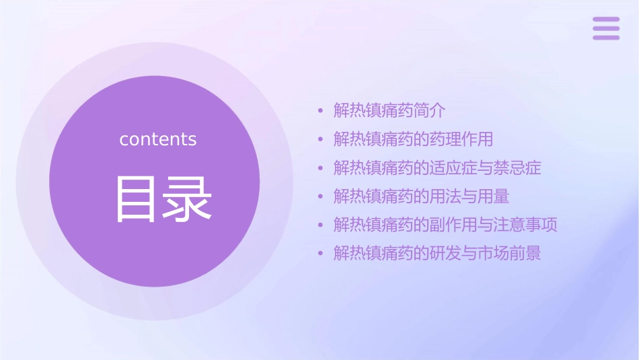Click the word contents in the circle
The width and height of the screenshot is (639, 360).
pyautogui.click(x=158, y=139)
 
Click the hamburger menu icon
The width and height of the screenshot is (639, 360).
pyautogui.click(x=605, y=28)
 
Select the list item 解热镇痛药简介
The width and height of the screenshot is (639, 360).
pyautogui.click(x=389, y=110)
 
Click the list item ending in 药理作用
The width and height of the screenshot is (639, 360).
pyautogui.click(x=413, y=139)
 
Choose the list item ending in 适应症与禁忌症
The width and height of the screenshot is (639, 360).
pyautogui.click(x=437, y=168)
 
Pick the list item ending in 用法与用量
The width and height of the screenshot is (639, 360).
pyautogui.click(x=421, y=196)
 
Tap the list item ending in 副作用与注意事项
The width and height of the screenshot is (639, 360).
pyautogui.click(x=445, y=225)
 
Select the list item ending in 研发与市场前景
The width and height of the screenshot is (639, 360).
pyautogui.click(x=437, y=254)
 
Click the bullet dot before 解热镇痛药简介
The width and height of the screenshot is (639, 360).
pyautogui.click(x=321, y=110)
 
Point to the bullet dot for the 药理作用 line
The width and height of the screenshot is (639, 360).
pyautogui.click(x=321, y=139)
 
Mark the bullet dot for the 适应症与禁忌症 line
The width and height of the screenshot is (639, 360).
pyautogui.click(x=321, y=168)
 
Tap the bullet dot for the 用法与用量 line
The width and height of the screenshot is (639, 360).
pyautogui.click(x=321, y=196)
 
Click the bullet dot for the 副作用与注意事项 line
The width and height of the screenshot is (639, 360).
pyautogui.click(x=321, y=225)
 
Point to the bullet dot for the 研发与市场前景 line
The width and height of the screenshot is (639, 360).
pyautogui.click(x=321, y=254)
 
